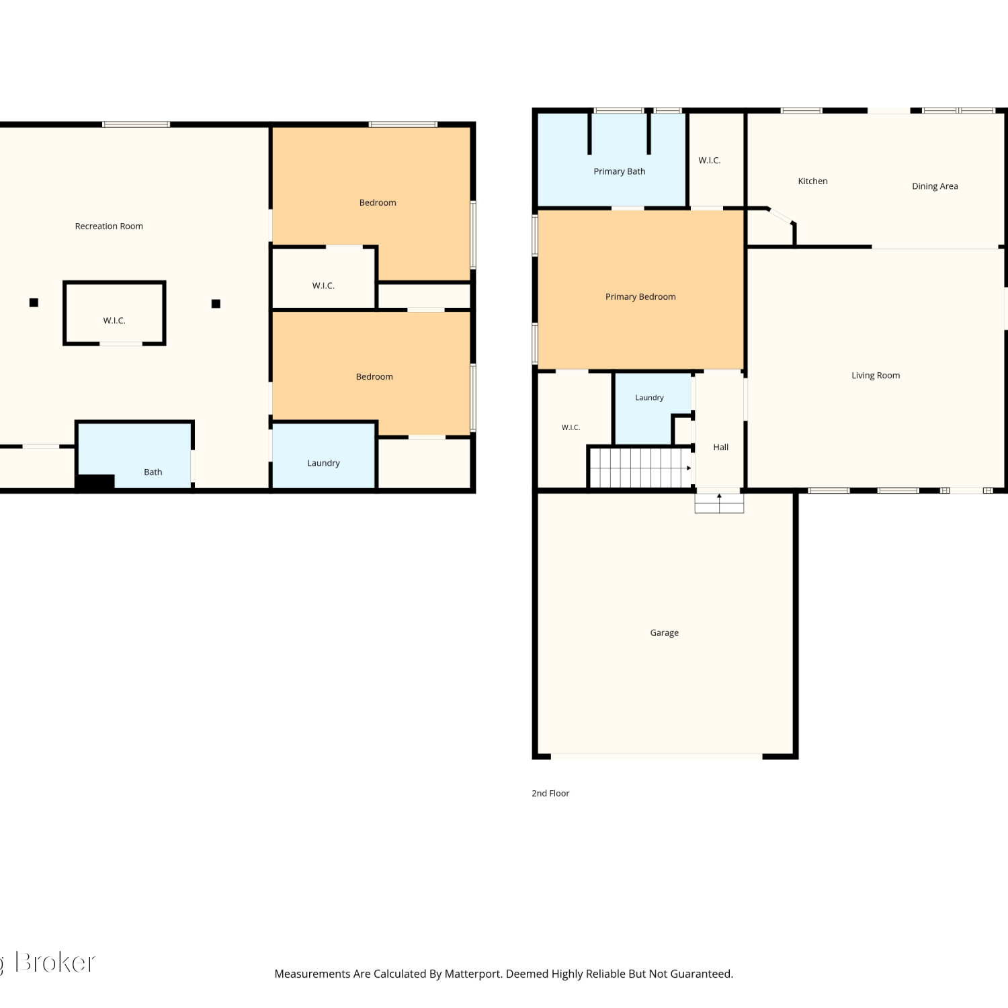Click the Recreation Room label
point(109,226)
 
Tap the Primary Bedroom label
point(640,297)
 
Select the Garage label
point(665,633)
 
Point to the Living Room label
point(876,376)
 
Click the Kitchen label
point(812,181)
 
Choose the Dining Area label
point(935,186)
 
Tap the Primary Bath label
point(620,172)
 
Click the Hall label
point(721,448)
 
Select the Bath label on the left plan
point(153,472)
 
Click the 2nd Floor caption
point(550,794)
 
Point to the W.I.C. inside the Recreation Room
point(114,321)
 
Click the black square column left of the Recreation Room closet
point(34,303)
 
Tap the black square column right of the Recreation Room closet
point(216,304)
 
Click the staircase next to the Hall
point(640,468)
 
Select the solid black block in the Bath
point(95,481)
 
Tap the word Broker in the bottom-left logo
point(55,963)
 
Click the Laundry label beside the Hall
point(649,398)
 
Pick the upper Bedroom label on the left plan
point(378,203)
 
